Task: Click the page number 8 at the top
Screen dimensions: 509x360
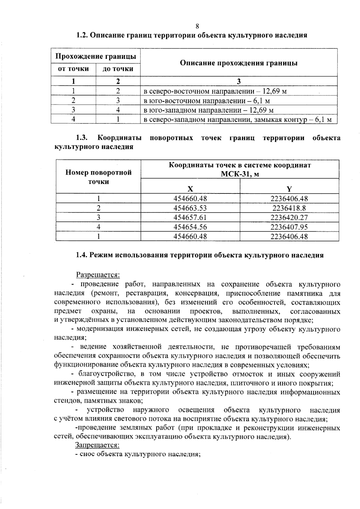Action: click(x=197, y=26)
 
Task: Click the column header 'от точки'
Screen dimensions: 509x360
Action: click(x=73, y=69)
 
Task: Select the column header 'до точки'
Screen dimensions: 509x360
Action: click(x=118, y=69)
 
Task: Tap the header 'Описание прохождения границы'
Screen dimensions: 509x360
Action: click(x=238, y=63)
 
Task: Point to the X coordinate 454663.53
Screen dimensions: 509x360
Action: click(x=190, y=208)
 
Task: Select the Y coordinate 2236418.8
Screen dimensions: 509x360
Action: click(x=289, y=208)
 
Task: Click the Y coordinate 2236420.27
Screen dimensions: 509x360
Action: click(x=289, y=217)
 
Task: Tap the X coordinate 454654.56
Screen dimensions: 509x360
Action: click(x=190, y=227)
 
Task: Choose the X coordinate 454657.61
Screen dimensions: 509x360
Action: click(x=190, y=217)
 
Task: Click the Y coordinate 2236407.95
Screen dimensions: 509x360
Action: click(x=289, y=227)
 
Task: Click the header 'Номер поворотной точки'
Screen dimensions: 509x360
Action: click(x=98, y=177)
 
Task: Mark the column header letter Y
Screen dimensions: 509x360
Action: click(x=289, y=189)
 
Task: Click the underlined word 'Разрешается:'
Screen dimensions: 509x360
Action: click(x=98, y=274)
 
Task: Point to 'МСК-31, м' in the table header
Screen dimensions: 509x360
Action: click(x=240, y=175)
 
